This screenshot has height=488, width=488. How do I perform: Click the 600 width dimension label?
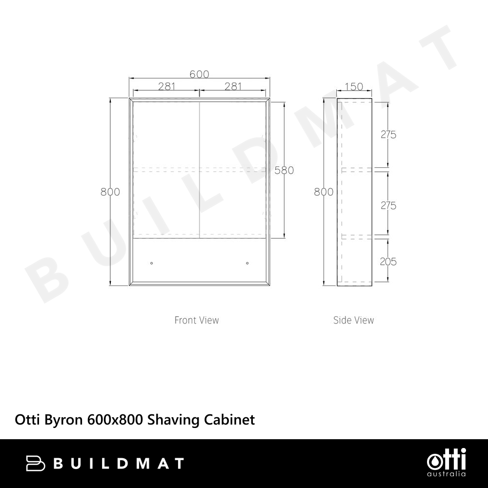coord(199,74)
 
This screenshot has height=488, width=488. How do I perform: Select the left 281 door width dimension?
coord(167,86)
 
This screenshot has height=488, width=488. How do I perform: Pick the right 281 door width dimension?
coord(233,86)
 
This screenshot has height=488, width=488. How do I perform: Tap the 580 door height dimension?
coord(284,170)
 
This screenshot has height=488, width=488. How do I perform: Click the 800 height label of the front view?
coord(110,192)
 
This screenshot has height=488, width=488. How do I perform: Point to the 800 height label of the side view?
coord(324,192)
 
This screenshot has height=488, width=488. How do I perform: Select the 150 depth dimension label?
coord(354,86)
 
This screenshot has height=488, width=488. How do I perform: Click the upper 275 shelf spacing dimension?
coord(388,135)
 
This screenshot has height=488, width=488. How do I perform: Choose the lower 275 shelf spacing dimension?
coord(388,205)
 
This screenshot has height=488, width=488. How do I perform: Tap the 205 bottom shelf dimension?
coord(388,262)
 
